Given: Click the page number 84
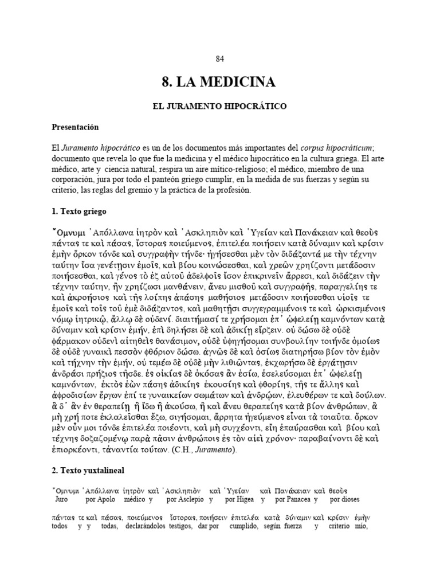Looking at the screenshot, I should tap(219, 58).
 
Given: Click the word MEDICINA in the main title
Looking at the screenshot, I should tap(238, 83).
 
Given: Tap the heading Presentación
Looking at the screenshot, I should tap(76, 127).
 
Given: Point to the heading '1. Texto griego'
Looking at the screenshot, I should tap(80, 211).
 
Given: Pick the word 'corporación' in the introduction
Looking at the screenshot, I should tap(73, 180).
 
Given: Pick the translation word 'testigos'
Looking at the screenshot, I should tap(181, 527).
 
